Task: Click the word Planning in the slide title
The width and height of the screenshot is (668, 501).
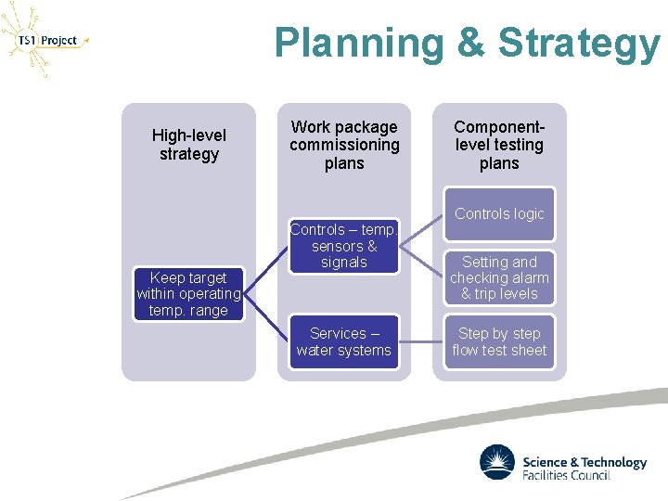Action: point(348,43)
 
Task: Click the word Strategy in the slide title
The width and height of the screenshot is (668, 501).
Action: point(580,43)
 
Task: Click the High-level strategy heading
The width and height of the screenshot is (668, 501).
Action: point(188,145)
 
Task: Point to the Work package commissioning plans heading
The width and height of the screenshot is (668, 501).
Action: point(344,145)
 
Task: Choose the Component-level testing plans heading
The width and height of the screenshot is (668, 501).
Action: point(499,145)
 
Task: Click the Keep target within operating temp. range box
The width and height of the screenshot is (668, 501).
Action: point(188,294)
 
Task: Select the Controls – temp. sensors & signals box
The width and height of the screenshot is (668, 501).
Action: point(344,246)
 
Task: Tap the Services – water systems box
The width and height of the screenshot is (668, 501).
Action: point(344,341)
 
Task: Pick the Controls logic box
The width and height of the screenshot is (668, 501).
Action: point(499,213)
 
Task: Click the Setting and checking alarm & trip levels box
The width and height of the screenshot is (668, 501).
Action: point(499,277)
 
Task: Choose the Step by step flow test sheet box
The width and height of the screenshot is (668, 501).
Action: point(499,341)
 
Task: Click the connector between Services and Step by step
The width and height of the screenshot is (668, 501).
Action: point(421,341)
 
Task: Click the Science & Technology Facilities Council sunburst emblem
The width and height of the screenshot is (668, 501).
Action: point(496,463)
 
